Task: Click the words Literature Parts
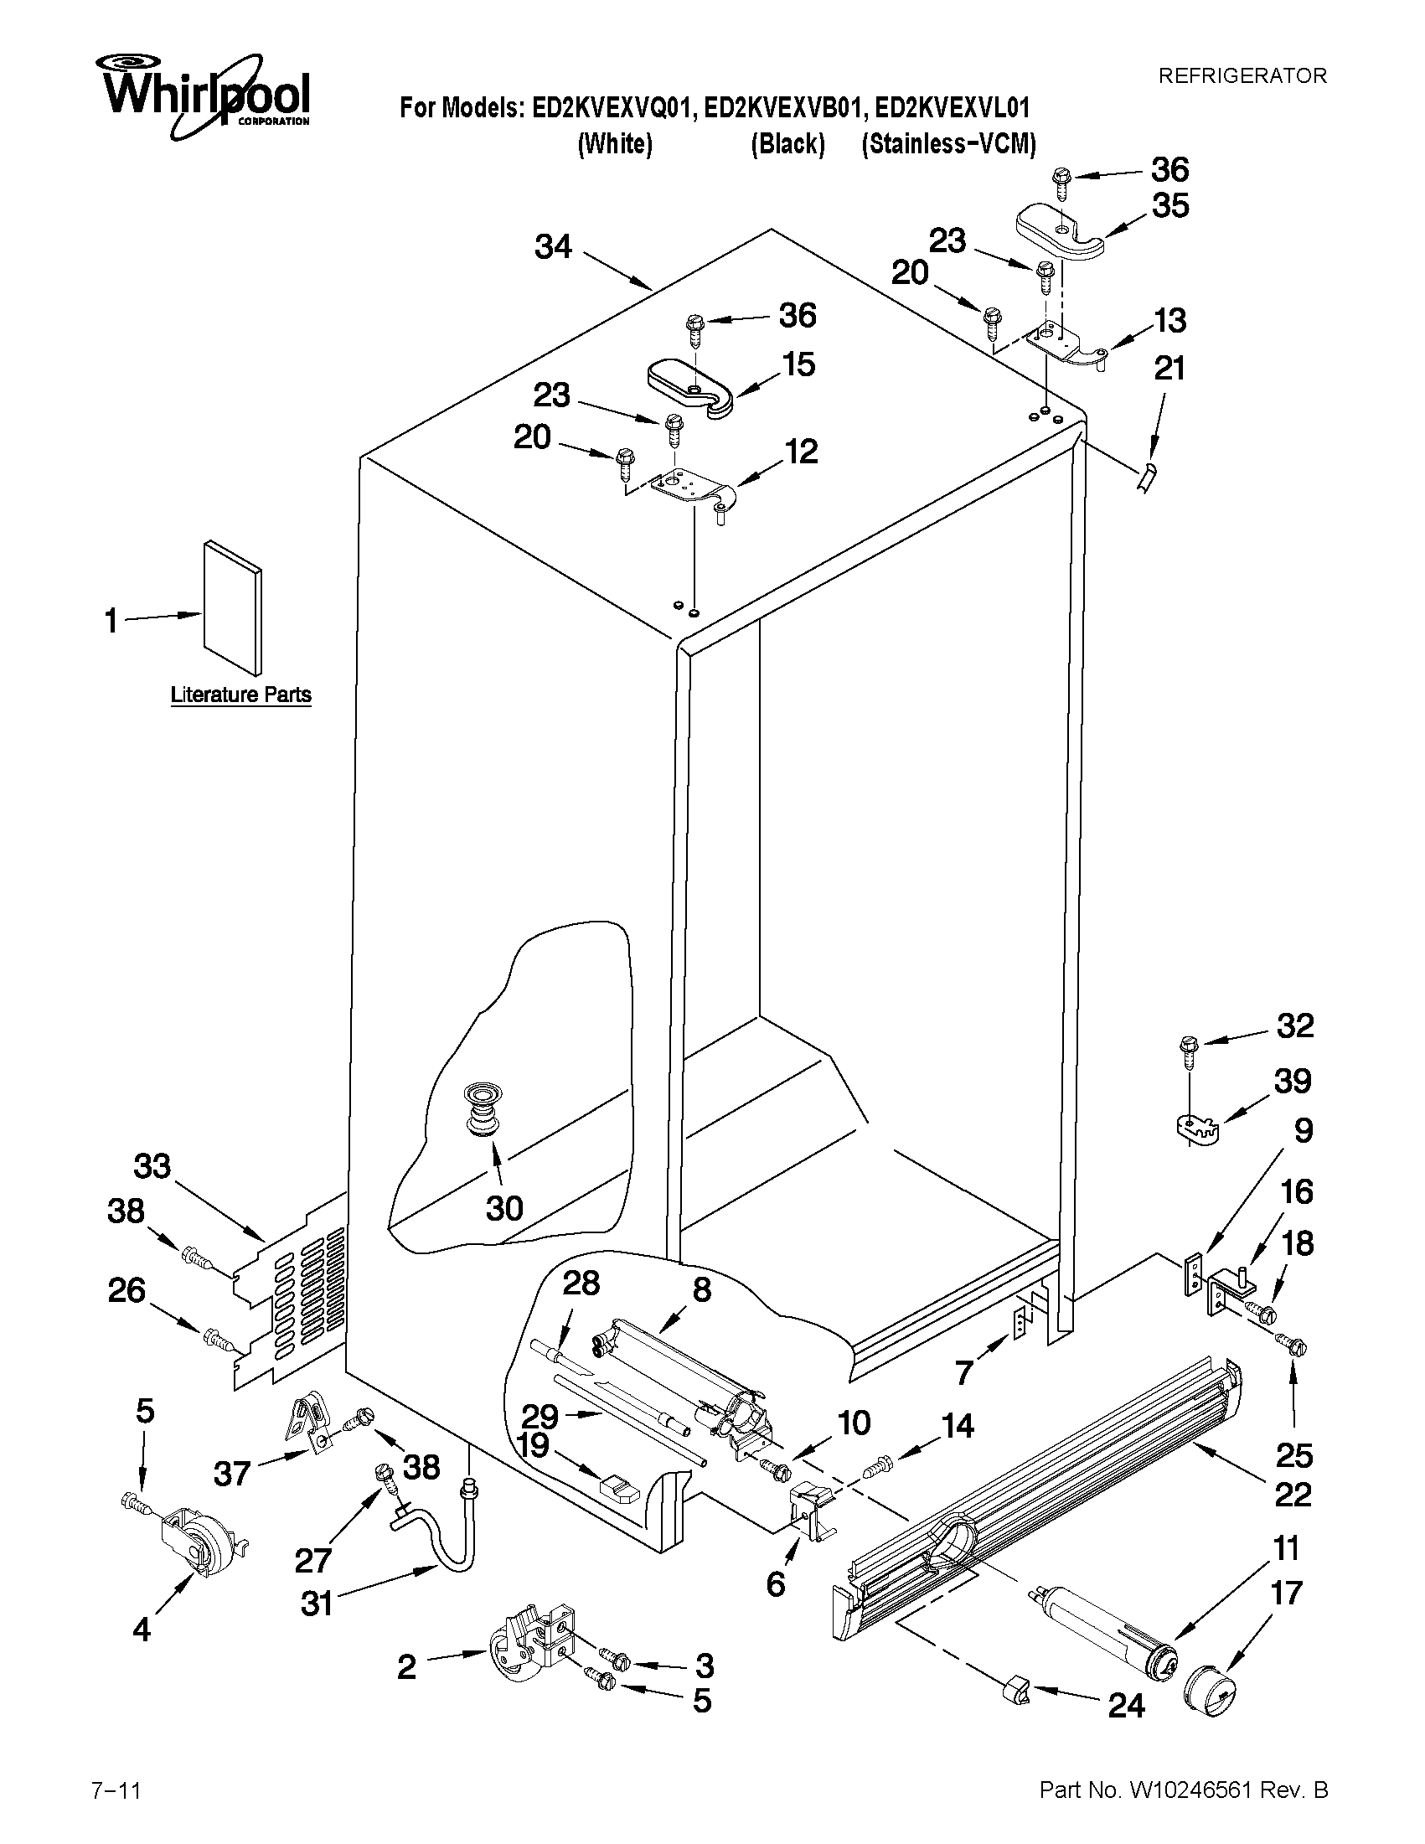pyautogui.click(x=240, y=695)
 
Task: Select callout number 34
pyautogui.click(x=553, y=247)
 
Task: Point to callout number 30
pyautogui.click(x=504, y=1208)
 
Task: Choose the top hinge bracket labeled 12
pyautogui.click(x=689, y=490)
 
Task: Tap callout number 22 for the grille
pyautogui.click(x=1292, y=1495)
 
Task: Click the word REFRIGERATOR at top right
pyautogui.click(x=1242, y=76)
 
